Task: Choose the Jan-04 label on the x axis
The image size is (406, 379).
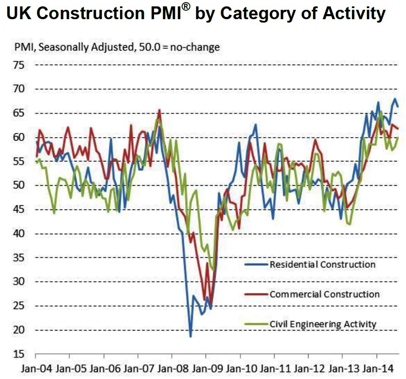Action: click(35, 368)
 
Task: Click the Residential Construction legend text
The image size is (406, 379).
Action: click(323, 264)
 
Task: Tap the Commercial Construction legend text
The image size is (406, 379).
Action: click(324, 294)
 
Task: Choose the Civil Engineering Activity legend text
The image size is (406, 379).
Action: click(323, 324)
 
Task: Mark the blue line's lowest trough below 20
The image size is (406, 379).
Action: click(191, 337)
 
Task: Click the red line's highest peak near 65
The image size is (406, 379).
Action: click(159, 110)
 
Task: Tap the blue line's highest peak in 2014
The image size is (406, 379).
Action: click(395, 99)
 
